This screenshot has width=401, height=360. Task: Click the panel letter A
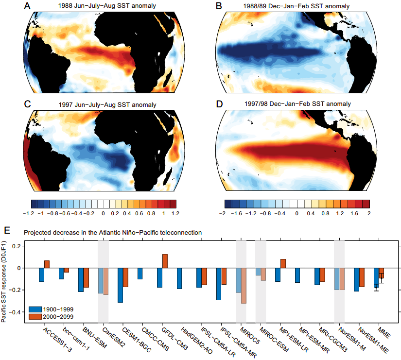click(x=27, y=7)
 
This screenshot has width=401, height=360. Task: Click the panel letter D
click(x=218, y=103)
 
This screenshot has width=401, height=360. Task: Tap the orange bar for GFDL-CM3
click(x=164, y=261)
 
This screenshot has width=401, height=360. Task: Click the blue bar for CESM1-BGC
click(x=120, y=285)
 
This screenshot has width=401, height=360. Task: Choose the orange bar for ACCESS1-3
click(x=47, y=264)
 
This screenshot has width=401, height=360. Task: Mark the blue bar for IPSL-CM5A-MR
click(x=219, y=284)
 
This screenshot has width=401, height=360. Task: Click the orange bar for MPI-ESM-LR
click(x=283, y=263)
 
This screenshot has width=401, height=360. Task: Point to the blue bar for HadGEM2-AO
click(x=179, y=278)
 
